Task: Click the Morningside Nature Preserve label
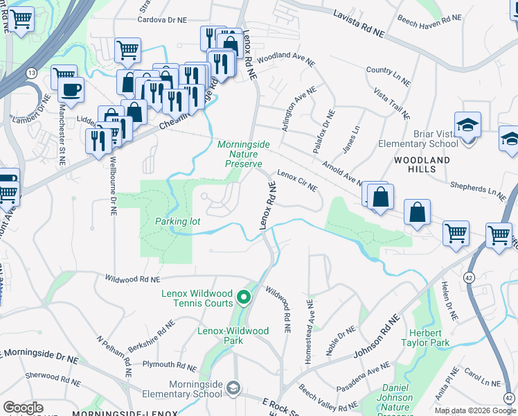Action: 240,154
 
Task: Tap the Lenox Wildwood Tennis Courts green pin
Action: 243,298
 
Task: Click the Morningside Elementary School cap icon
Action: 233,387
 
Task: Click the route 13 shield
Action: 32,72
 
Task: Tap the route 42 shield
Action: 470,258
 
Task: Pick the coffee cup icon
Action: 71,89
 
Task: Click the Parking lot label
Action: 177,221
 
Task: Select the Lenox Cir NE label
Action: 297,180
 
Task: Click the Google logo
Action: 23,408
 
